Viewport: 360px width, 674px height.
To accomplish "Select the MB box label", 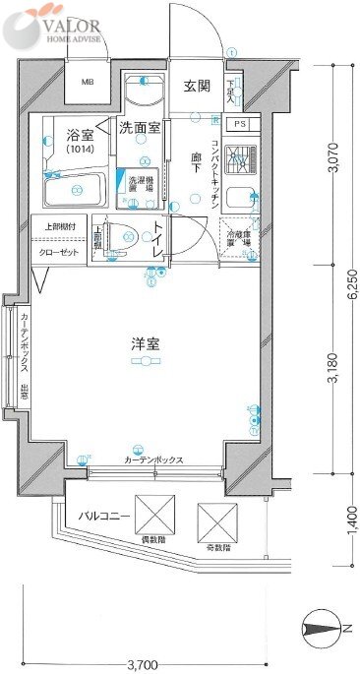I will (89, 84).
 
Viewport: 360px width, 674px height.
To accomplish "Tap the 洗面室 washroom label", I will (141, 127).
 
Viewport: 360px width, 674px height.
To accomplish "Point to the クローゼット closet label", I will (61, 253).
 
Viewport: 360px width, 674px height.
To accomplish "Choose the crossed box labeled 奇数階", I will (217, 521).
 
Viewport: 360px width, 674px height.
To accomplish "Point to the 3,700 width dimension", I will (142, 664).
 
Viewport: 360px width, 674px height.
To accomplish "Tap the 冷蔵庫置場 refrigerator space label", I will (240, 238).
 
